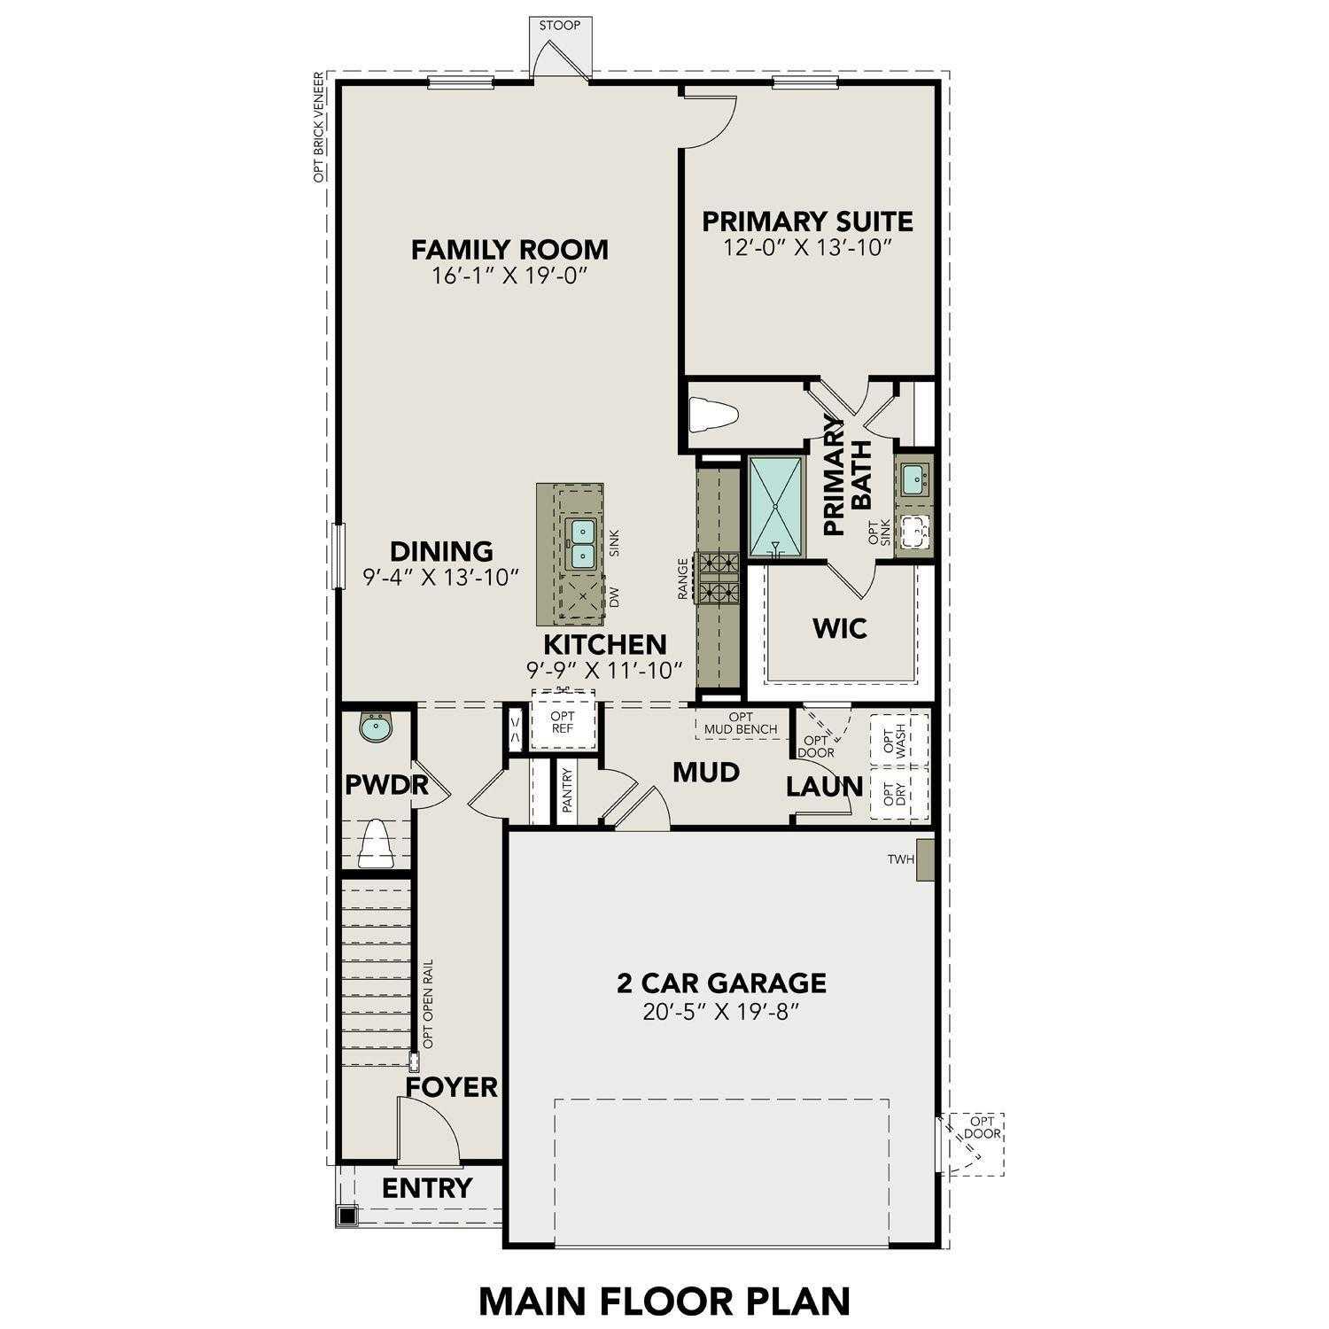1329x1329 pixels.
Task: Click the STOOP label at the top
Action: (x=560, y=25)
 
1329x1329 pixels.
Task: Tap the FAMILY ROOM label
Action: (x=509, y=249)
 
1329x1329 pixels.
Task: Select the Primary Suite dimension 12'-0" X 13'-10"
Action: (x=806, y=247)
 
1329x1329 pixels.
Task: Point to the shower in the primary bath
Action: (x=776, y=507)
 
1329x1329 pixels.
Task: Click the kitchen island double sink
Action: (x=581, y=542)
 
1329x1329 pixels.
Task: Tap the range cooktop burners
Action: (x=719, y=576)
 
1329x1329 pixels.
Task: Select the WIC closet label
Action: (x=840, y=628)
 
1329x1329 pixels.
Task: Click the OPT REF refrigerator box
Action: (x=563, y=722)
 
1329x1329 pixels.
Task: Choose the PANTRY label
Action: (x=568, y=790)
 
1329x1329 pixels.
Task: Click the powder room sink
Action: (x=377, y=728)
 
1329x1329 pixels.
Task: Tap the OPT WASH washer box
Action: (x=898, y=739)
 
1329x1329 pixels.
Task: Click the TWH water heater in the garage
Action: (x=926, y=859)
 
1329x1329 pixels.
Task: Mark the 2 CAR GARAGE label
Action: (x=721, y=983)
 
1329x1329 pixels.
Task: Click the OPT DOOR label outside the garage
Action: (x=983, y=1127)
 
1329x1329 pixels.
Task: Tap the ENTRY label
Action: (x=427, y=1188)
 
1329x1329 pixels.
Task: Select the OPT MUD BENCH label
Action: (x=741, y=723)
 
